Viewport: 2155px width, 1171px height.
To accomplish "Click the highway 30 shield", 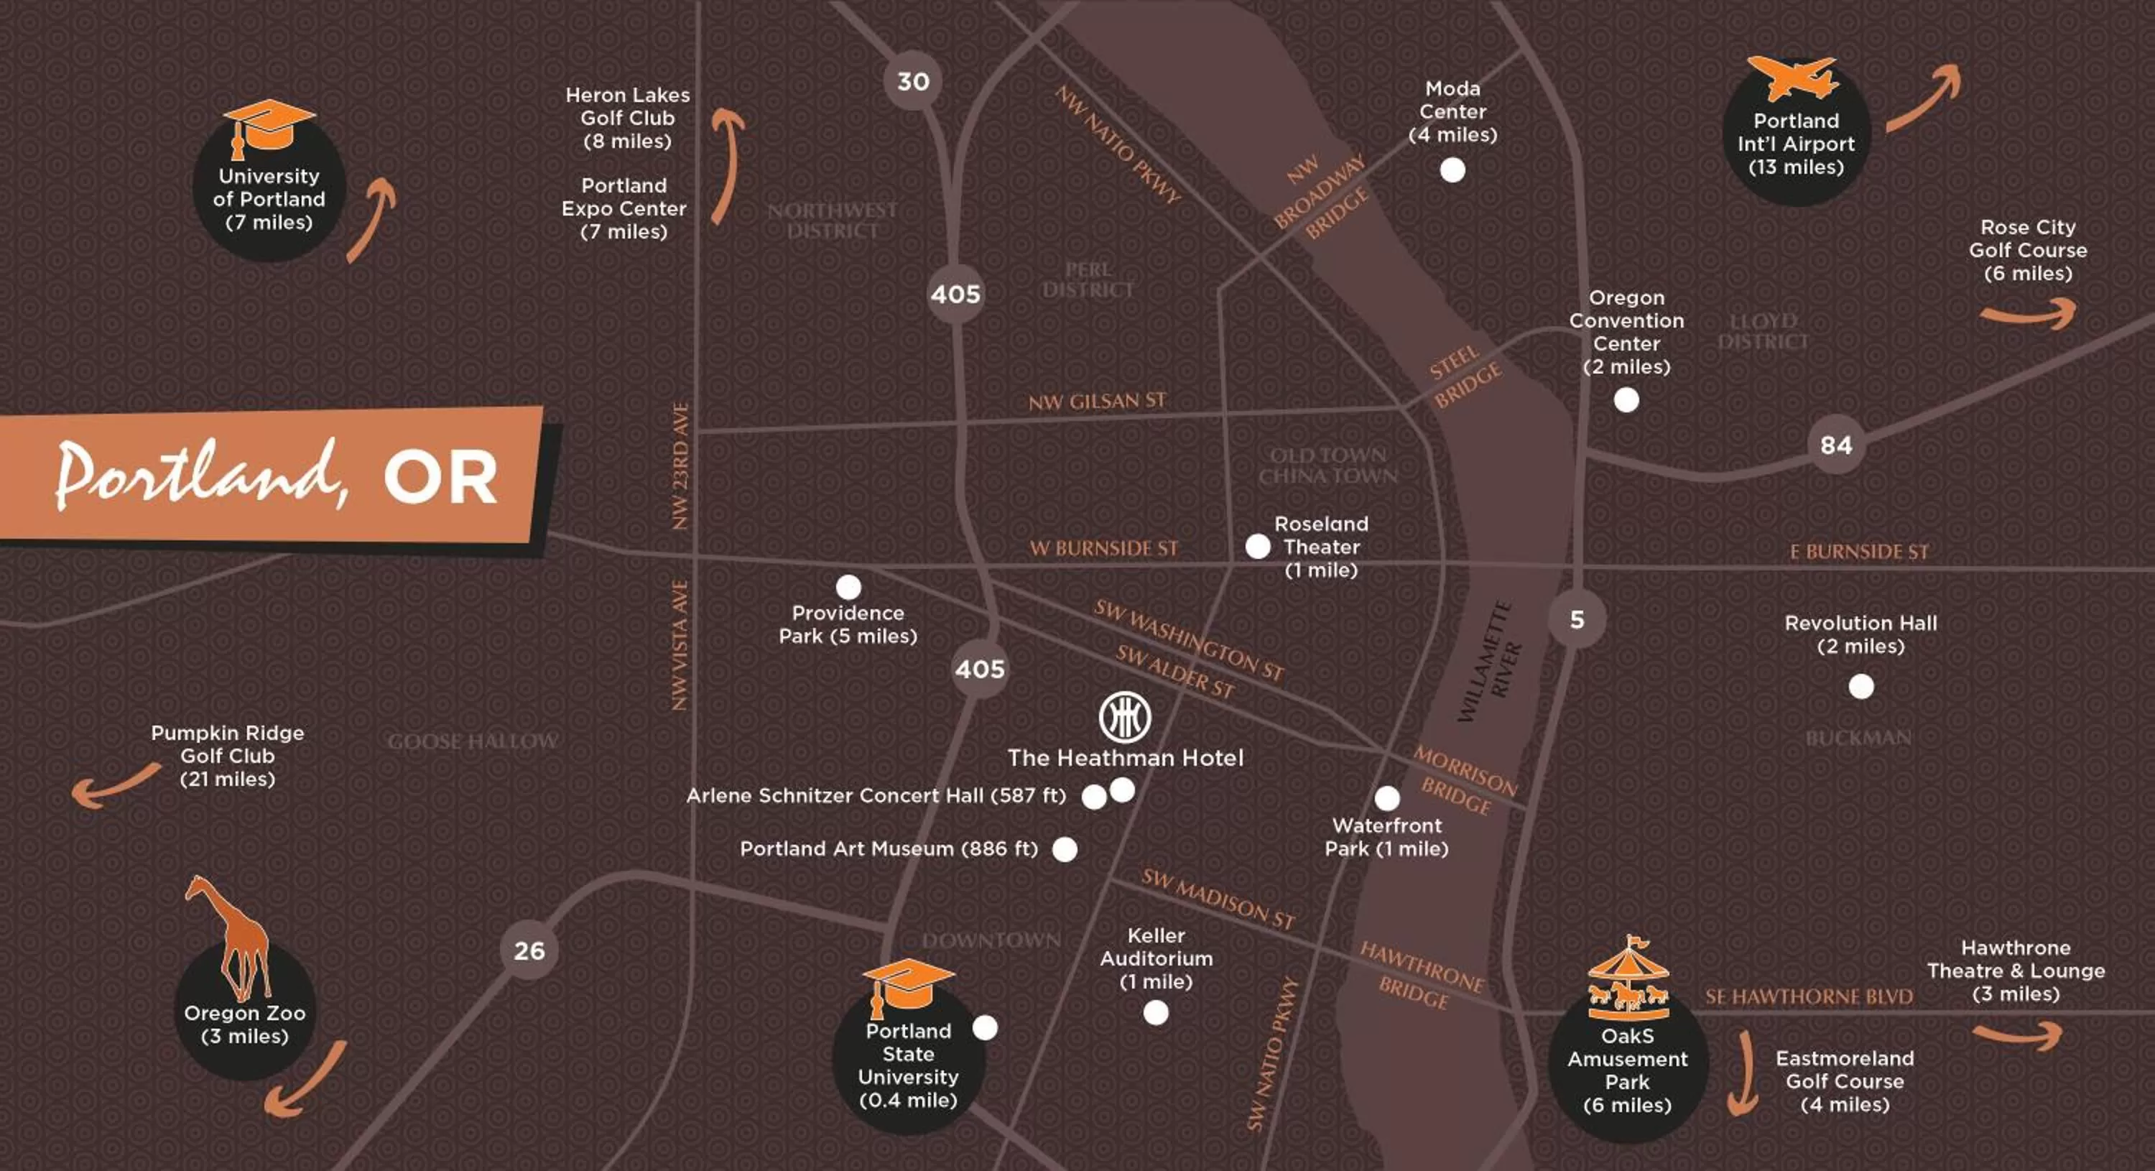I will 913,81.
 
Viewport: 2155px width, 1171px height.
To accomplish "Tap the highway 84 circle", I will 1835,445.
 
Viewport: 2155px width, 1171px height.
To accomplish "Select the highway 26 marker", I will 529,950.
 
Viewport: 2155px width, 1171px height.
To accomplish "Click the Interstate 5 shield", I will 1577,620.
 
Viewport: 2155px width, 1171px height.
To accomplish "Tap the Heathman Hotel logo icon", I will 1124,717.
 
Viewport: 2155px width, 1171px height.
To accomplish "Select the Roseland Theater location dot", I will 1257,546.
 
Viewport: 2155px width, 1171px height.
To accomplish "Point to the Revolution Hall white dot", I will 1860,687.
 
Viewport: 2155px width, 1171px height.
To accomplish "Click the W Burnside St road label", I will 1103,549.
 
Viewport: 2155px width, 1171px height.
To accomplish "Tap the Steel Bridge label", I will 1464,376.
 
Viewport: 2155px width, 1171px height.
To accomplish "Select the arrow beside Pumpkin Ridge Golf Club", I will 113,786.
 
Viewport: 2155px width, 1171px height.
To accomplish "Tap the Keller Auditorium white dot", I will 1155,1013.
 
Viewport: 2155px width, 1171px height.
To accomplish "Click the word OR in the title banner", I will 440,478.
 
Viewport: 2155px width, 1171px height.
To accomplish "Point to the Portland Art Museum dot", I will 1064,849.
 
